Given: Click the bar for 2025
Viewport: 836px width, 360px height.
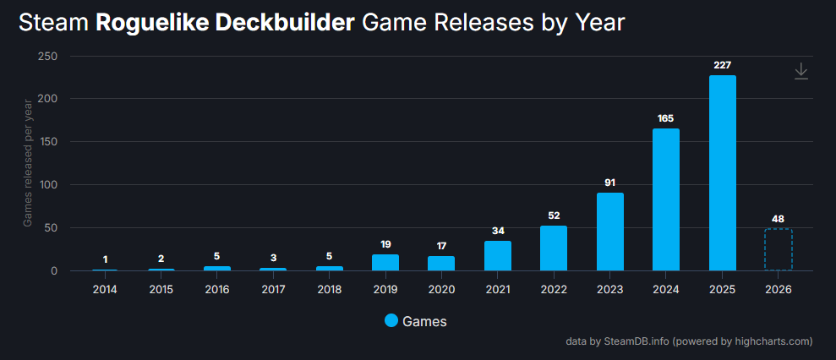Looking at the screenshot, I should (722, 172).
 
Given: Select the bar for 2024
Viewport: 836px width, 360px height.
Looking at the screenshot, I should (666, 199).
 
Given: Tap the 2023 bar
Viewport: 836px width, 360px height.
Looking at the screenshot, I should (610, 232).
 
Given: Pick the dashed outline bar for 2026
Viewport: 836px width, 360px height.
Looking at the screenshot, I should (778, 249).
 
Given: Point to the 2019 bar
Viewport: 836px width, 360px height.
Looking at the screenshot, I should (385, 262).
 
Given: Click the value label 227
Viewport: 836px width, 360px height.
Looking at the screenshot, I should (722, 65).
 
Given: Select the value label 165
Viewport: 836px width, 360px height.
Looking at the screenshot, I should (666, 118).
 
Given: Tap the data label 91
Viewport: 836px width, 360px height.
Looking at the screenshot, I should (610, 183).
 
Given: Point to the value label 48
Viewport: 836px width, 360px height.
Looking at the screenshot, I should (778, 218).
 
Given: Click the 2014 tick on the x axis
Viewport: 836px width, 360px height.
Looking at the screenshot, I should (105, 290).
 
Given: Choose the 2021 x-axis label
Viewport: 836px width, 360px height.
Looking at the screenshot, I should (498, 290).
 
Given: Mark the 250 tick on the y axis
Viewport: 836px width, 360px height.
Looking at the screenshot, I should (48, 56).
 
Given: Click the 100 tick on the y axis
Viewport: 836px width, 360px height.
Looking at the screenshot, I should (48, 185).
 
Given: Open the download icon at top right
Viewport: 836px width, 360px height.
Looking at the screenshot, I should (801, 72).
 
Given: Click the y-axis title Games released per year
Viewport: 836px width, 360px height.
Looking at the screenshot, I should (28, 162).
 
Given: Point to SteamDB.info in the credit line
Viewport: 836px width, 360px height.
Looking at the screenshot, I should (635, 341).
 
